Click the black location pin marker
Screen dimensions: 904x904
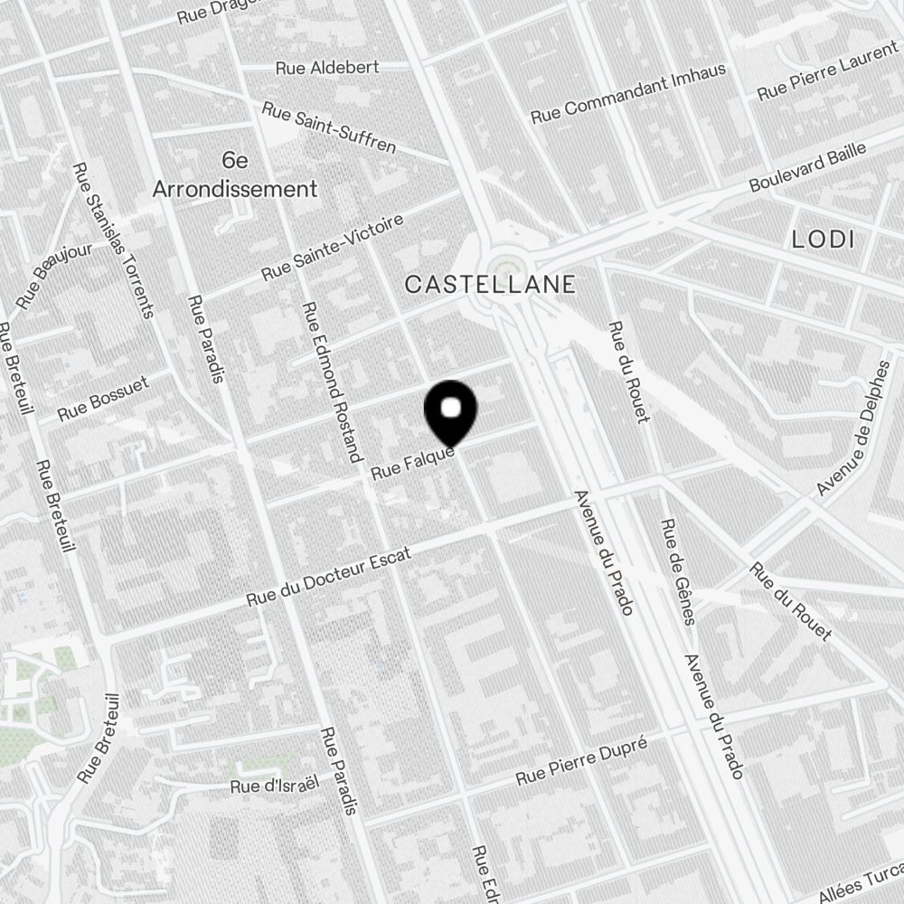pos(450,412)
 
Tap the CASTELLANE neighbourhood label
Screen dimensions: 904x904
pos(490,285)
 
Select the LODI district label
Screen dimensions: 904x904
pos(822,240)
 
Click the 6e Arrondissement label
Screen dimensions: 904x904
pos(235,175)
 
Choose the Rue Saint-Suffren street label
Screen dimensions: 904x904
pos(329,127)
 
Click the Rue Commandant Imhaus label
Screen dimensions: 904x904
pos(628,93)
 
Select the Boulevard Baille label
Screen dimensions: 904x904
pos(807,166)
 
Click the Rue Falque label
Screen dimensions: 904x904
pos(411,463)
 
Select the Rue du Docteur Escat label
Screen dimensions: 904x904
pos(329,578)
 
